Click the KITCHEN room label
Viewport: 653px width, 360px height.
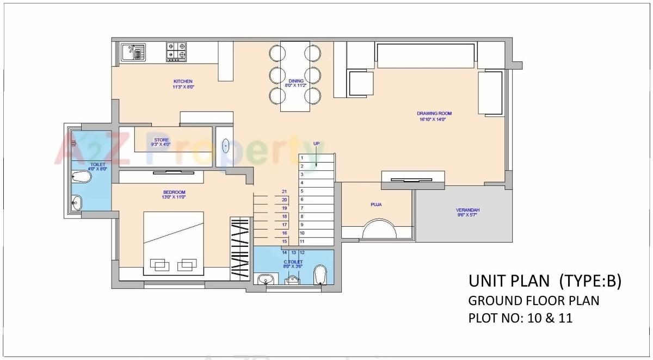(x=183, y=82)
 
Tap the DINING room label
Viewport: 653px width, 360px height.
(x=296, y=81)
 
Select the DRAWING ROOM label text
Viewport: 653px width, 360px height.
(x=434, y=114)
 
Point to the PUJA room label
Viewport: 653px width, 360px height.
(x=376, y=204)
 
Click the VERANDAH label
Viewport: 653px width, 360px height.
(x=467, y=210)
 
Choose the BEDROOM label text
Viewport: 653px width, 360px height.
(x=174, y=192)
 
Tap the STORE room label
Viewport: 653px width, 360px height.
(x=162, y=140)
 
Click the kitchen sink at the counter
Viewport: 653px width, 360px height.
(x=133, y=52)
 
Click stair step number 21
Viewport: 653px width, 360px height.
(x=284, y=191)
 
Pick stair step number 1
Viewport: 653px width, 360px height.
(x=301, y=158)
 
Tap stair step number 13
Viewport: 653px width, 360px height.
(x=293, y=252)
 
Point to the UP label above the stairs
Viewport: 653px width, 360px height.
(x=316, y=144)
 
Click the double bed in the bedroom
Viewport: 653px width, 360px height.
(x=174, y=244)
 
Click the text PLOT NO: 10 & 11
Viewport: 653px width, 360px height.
(x=520, y=318)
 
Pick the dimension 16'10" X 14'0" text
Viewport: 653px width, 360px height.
(x=434, y=119)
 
